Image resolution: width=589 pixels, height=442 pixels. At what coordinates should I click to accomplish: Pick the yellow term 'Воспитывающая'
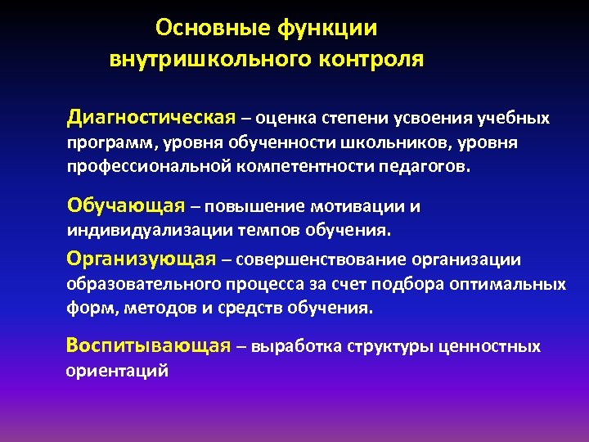[148, 345]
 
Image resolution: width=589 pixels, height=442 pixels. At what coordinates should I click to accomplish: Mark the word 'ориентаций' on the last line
[117, 371]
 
